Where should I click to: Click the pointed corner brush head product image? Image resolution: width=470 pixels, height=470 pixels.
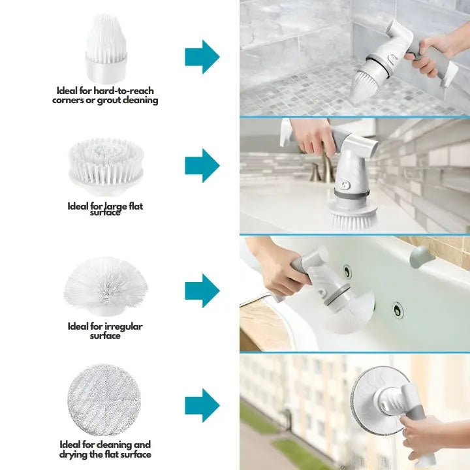tap(106, 48)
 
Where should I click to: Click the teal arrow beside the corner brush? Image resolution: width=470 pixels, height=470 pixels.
tap(202, 57)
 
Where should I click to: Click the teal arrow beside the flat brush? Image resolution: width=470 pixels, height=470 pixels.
tap(202, 165)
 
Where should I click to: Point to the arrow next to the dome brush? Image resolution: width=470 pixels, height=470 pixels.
tap(202, 290)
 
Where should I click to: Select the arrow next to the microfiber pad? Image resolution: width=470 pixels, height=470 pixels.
tap(202, 405)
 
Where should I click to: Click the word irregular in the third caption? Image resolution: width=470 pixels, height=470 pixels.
tap(123, 327)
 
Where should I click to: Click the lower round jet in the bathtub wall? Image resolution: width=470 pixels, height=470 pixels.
tap(398, 310)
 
